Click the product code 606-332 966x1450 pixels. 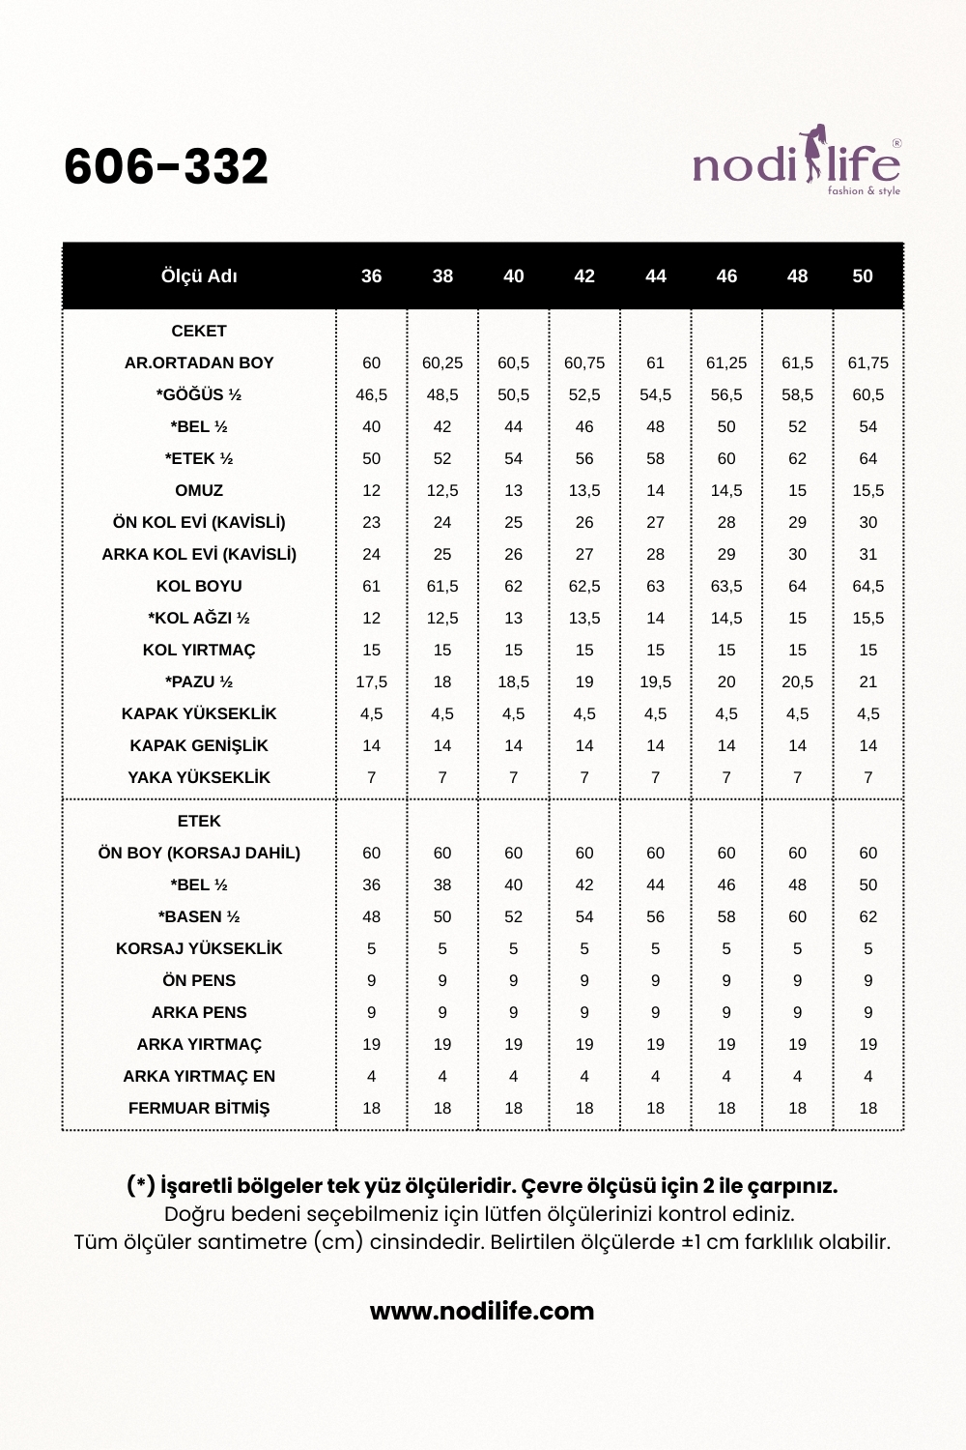[x=166, y=166]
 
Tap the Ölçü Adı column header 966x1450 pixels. [x=199, y=276]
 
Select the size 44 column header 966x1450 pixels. [x=656, y=276]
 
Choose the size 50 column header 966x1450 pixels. [x=863, y=276]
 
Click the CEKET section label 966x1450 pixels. [x=199, y=331]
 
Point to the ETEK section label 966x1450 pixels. [x=199, y=821]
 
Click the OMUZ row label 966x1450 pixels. [x=199, y=490]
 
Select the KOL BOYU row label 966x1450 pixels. [x=199, y=586]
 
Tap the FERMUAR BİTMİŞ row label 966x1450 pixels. [x=199, y=1108]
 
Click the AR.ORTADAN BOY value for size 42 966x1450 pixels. [x=584, y=362]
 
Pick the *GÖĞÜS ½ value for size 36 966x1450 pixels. [x=372, y=394]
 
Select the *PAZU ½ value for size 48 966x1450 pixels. [x=797, y=681]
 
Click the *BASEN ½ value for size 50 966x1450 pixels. [x=868, y=916]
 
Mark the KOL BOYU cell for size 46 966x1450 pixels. [x=726, y=586]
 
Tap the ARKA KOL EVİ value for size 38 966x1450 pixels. [x=442, y=554]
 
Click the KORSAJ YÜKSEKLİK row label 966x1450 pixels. [x=199, y=948]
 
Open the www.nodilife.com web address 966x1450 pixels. [x=482, y=1312]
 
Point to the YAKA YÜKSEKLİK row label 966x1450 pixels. [x=199, y=777]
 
